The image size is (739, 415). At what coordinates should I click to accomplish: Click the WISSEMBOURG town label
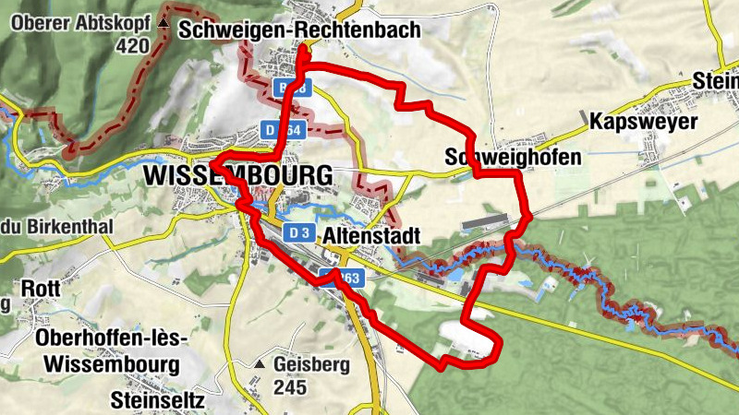click(x=238, y=175)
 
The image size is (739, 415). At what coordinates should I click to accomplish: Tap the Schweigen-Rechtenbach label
click(x=300, y=30)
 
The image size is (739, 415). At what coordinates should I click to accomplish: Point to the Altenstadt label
click(x=372, y=237)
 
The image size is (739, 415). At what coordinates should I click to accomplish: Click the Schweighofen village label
click(x=513, y=157)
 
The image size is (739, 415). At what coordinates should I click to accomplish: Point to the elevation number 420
click(x=134, y=45)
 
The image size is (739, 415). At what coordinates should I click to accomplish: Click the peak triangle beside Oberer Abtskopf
click(x=164, y=20)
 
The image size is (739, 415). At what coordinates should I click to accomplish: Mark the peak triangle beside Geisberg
click(x=261, y=365)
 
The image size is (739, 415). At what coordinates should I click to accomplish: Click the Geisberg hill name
click(x=311, y=365)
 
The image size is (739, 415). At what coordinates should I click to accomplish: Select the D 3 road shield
click(x=296, y=233)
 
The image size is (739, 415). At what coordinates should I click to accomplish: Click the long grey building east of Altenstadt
click(x=484, y=221)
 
